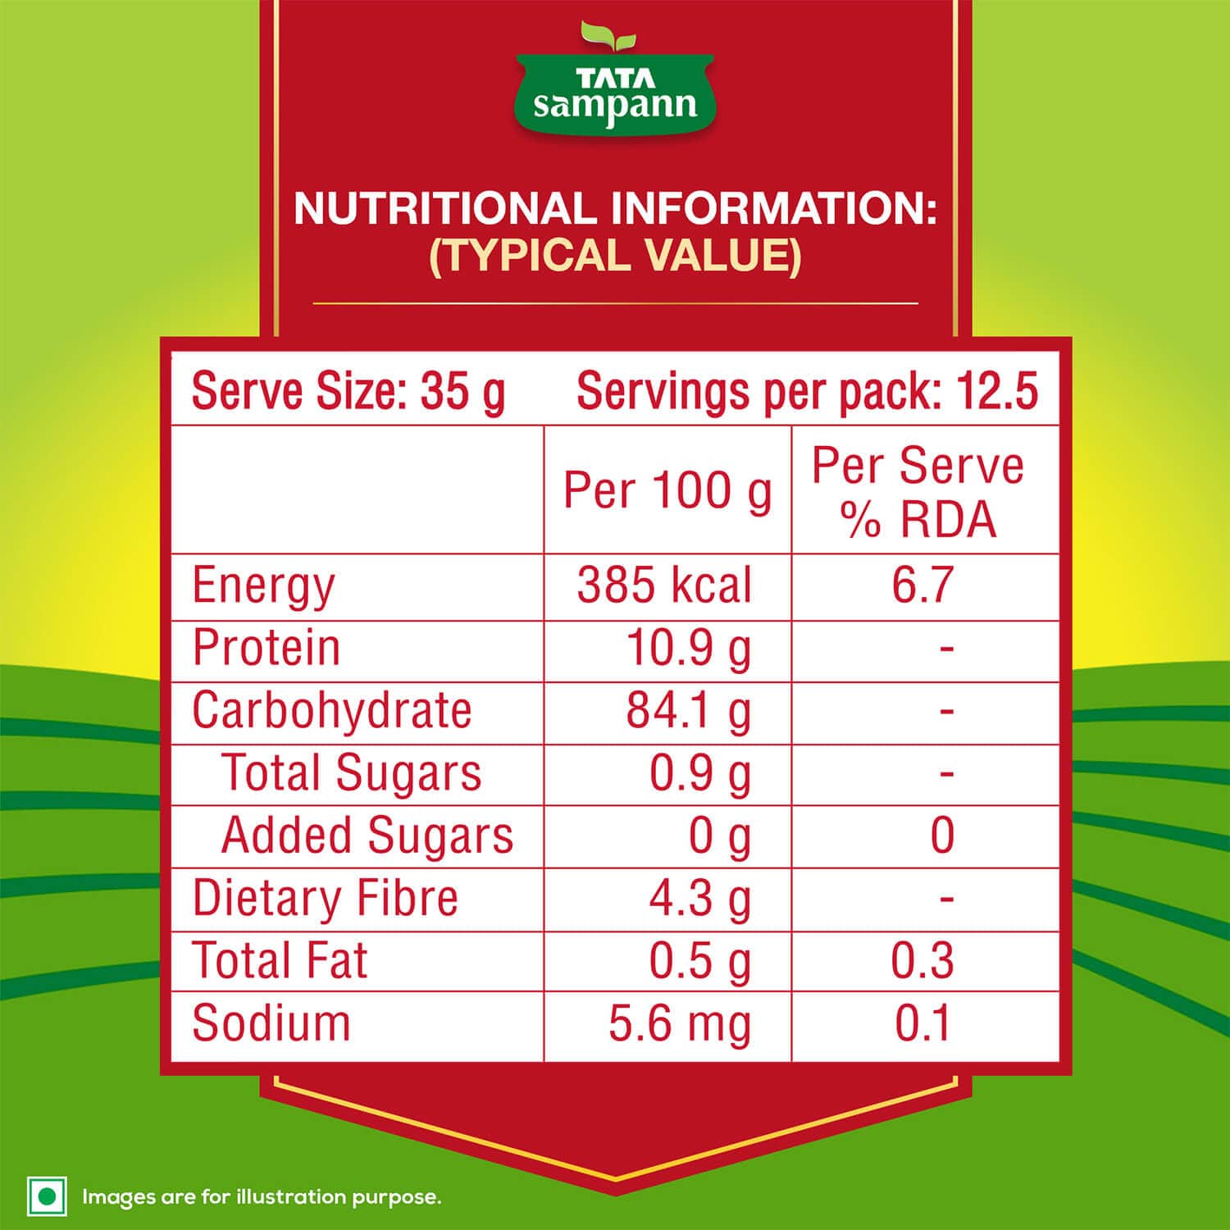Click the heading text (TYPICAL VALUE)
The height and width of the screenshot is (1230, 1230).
tap(615, 255)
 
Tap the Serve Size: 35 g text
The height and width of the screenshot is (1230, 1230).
tap(348, 391)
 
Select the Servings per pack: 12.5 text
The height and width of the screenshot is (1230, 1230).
tap(807, 391)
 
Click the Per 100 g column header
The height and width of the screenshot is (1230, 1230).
tap(667, 490)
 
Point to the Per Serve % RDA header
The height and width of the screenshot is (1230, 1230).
tap(918, 492)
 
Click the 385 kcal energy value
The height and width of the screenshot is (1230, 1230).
tap(664, 586)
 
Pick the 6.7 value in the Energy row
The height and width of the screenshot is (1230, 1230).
tap(922, 586)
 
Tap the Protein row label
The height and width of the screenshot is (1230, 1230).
tap(266, 648)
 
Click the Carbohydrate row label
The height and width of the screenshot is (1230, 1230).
tap(332, 710)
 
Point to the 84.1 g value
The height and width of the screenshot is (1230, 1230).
tap(689, 711)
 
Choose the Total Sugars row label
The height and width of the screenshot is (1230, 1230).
tap(352, 773)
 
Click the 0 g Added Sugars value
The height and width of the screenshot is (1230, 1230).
tap(719, 836)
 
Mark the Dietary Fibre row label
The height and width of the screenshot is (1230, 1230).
tap(325, 898)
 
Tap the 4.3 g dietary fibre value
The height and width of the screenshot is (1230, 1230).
tap(699, 900)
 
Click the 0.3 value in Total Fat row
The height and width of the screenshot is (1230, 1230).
tap(922, 961)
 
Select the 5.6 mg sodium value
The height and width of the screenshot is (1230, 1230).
tap(680, 1024)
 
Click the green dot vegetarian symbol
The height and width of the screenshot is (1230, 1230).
tap(47, 1196)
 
